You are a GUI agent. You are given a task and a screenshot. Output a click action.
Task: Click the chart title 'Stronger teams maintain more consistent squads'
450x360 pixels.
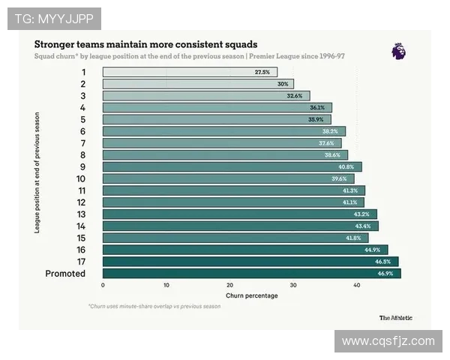tap(145, 44)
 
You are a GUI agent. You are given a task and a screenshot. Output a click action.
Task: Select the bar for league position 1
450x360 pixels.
tap(190, 72)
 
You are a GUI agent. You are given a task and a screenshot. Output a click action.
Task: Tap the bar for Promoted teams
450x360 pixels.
tap(251, 274)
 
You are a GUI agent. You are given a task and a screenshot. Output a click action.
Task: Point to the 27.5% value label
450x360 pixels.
tap(262, 72)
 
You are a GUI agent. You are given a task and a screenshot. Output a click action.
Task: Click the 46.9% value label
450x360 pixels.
tap(385, 274)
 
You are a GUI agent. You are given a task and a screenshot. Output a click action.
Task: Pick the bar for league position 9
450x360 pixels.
tap(232, 166)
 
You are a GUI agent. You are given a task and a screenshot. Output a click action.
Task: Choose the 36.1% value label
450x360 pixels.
tap(317, 107)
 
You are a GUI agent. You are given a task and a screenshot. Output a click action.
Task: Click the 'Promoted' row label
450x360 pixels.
tap(65, 274)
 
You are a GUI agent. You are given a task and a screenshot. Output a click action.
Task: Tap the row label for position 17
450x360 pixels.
tap(81, 262)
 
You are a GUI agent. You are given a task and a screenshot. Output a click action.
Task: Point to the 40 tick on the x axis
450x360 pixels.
tap(356, 285)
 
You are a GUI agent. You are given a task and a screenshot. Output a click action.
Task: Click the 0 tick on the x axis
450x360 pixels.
tap(103, 285)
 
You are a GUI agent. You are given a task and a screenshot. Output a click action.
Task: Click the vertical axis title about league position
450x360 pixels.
tap(37, 172)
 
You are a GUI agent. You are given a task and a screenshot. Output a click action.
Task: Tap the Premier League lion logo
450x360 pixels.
tap(398, 51)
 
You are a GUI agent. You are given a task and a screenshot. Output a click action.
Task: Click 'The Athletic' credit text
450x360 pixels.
tap(395, 317)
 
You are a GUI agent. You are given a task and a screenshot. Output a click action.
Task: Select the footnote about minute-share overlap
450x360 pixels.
tap(154, 306)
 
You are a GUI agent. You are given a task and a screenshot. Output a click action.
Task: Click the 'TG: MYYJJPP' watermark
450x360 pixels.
tap(54, 19)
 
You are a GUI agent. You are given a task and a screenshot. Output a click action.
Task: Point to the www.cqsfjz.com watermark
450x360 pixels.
tap(388, 341)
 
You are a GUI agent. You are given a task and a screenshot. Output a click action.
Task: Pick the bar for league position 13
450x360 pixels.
tap(239, 214)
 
